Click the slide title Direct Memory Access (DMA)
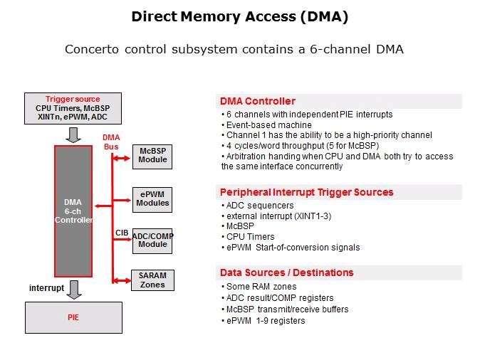pos(239,17)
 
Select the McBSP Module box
pos(152,155)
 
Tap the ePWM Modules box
pos(152,198)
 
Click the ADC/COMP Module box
pos(152,240)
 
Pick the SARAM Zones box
pos(152,280)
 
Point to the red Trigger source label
pos(73,99)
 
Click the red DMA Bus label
pos(111,142)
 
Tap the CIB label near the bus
pos(122,233)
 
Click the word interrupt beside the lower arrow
pos(46,287)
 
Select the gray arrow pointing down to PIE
pos(73,289)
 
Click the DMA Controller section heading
pos(257,101)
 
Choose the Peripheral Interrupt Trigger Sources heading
pos(306,192)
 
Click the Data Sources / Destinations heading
pos(286,272)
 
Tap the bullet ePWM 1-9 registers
pos(265,320)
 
